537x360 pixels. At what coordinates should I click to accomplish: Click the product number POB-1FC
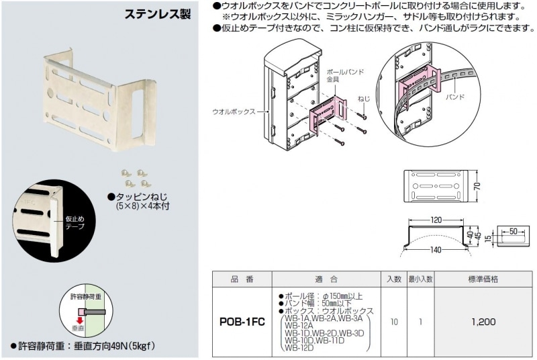[x=242, y=322]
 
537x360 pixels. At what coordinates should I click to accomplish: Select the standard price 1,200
[x=483, y=322]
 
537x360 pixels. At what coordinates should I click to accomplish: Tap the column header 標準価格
[x=483, y=278]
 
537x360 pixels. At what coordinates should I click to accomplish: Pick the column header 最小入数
[x=420, y=278]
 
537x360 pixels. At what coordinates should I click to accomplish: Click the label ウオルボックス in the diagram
[x=233, y=111]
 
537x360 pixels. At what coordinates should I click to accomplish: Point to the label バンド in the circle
[x=456, y=97]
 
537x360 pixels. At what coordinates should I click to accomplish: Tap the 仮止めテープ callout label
[x=75, y=223]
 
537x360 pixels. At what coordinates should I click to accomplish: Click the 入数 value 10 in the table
[x=394, y=322]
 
